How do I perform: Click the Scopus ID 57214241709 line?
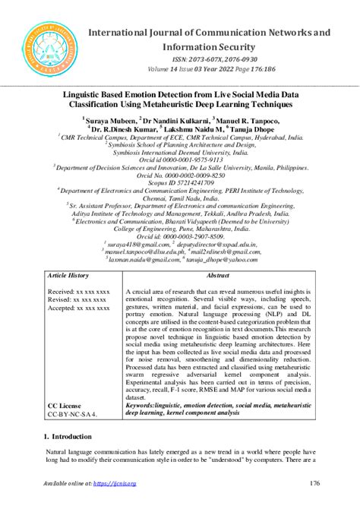click(x=180, y=184)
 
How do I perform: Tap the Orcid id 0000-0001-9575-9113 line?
click(x=180, y=160)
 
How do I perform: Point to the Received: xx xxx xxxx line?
click(x=79, y=291)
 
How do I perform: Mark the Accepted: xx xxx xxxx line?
click(x=79, y=308)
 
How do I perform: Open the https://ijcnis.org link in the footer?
click(x=113, y=483)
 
